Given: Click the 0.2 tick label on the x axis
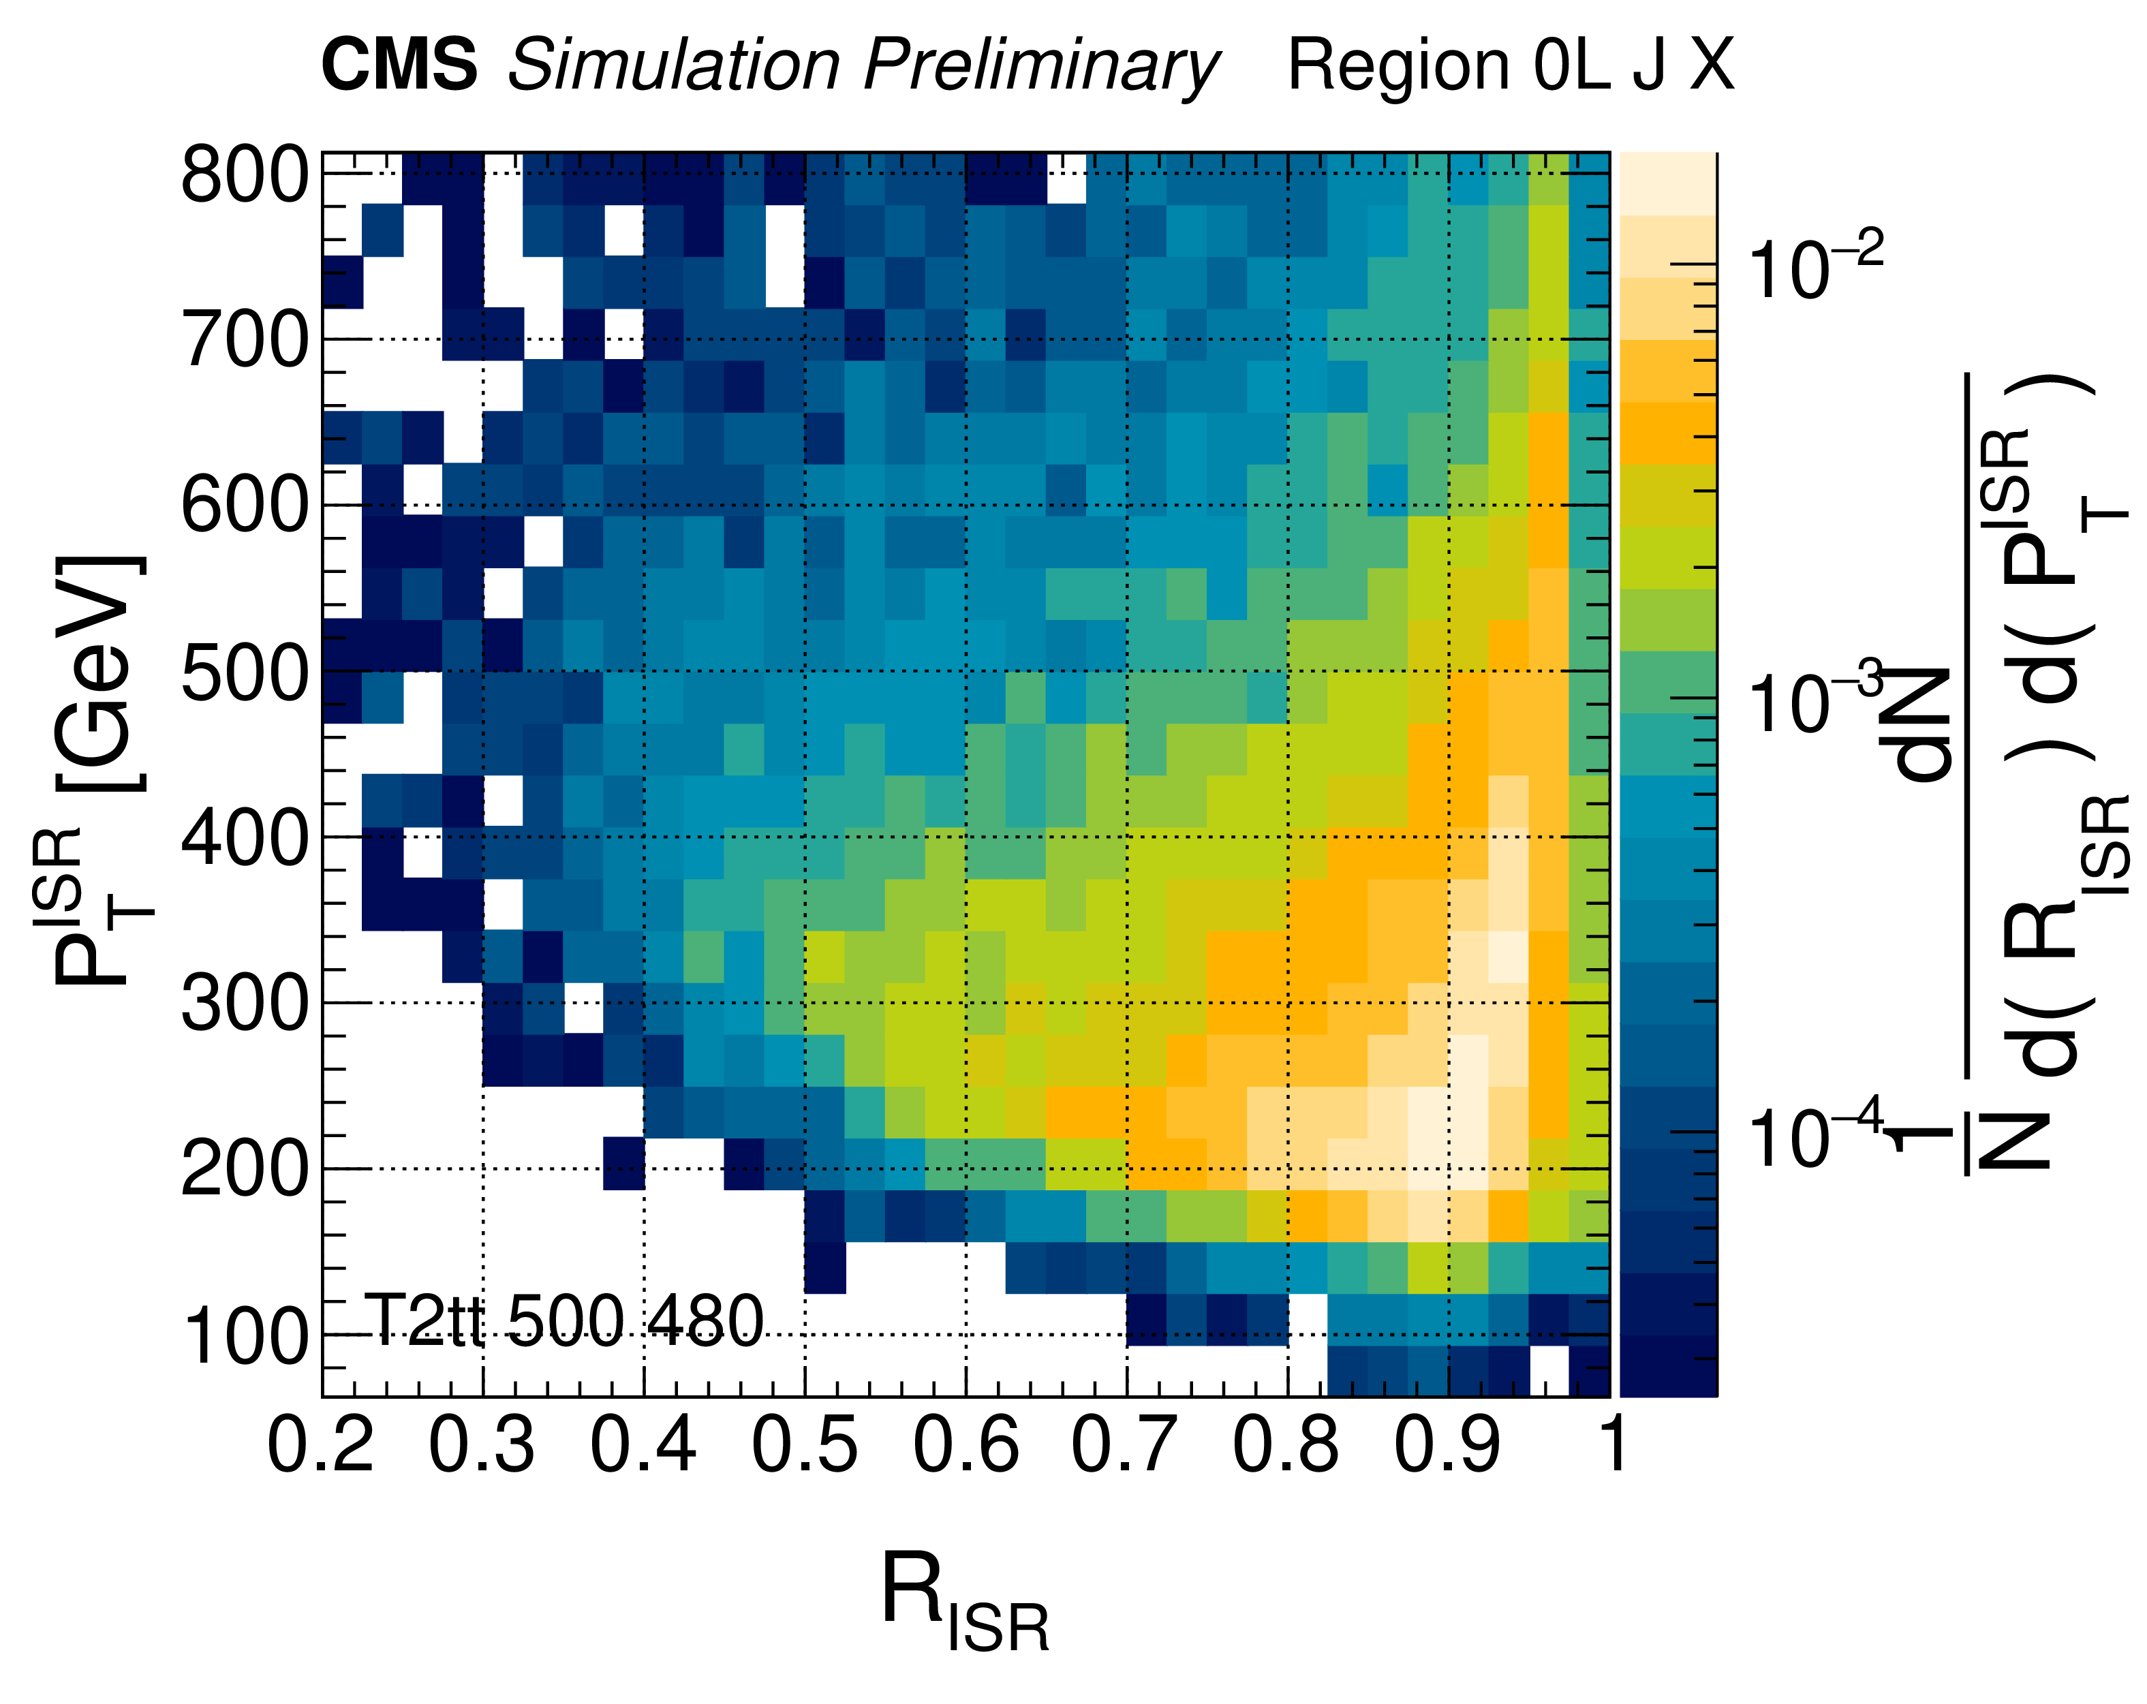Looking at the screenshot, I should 321,1444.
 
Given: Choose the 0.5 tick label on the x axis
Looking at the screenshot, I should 805,1444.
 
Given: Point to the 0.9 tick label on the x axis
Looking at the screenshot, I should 1447,1444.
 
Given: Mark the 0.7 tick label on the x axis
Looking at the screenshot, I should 1125,1444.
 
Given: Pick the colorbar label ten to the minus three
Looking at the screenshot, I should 1815,700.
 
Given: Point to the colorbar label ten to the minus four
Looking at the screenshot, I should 1815,1135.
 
